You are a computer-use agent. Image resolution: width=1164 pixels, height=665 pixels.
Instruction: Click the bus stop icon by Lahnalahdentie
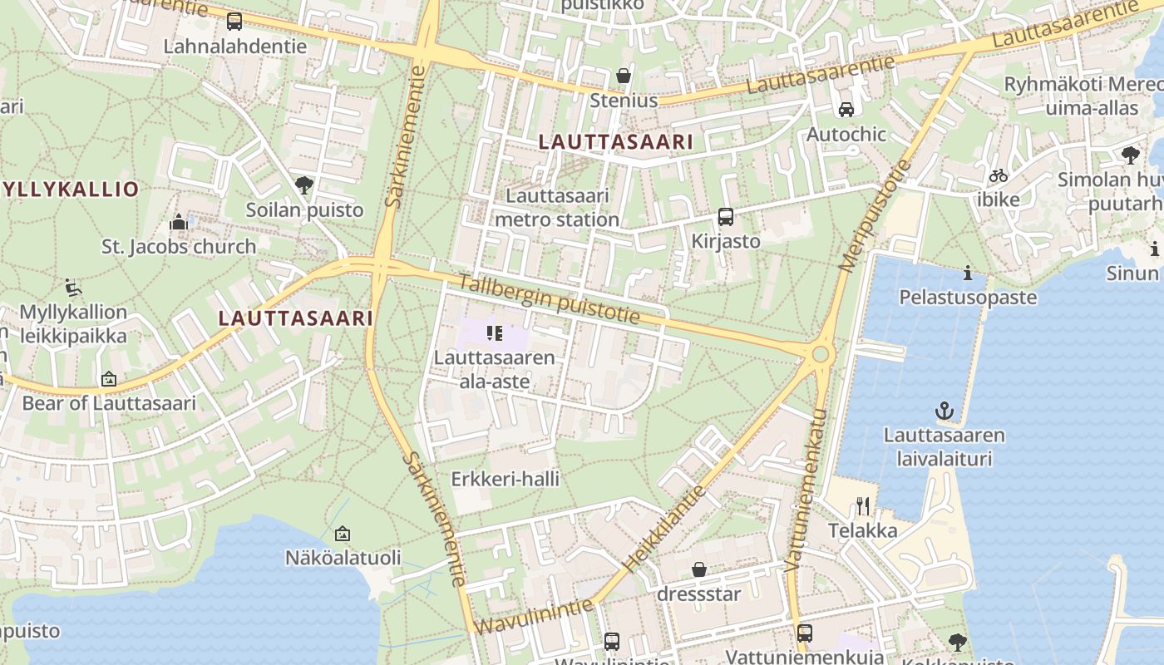pos(234,22)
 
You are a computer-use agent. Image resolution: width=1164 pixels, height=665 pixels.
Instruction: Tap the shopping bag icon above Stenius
pos(624,76)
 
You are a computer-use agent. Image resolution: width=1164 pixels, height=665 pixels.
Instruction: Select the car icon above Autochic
pos(846,110)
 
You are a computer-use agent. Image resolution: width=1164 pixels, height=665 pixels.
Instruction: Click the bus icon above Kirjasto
pos(726,217)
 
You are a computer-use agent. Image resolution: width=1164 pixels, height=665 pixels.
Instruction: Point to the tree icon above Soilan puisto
pos(304,185)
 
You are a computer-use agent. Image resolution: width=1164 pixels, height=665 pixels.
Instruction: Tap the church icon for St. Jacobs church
pos(179,222)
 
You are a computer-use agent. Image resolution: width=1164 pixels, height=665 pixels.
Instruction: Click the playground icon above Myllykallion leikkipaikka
pos(73,288)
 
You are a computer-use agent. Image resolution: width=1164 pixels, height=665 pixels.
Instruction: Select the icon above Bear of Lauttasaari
pos(109,380)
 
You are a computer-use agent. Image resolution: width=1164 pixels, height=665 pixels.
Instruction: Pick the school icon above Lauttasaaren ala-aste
pos(495,334)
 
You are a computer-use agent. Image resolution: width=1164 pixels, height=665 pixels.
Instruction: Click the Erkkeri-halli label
pos(505,480)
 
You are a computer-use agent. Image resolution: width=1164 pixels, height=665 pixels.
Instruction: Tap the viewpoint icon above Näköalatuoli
pos(343,534)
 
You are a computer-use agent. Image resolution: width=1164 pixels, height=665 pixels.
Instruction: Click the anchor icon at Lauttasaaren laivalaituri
pos(944,411)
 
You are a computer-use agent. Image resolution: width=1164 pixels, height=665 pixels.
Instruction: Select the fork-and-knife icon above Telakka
pos(863,505)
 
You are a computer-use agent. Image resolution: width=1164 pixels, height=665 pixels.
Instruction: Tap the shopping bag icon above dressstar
pos(699,569)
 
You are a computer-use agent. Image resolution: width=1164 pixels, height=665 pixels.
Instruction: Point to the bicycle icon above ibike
pos(999,175)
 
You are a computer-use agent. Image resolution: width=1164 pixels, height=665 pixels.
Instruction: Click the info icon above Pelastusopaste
pos(968,273)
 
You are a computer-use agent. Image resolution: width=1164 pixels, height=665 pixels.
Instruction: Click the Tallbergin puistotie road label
pos(549,299)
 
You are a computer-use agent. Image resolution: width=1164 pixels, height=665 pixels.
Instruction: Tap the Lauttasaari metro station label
pos(557,208)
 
